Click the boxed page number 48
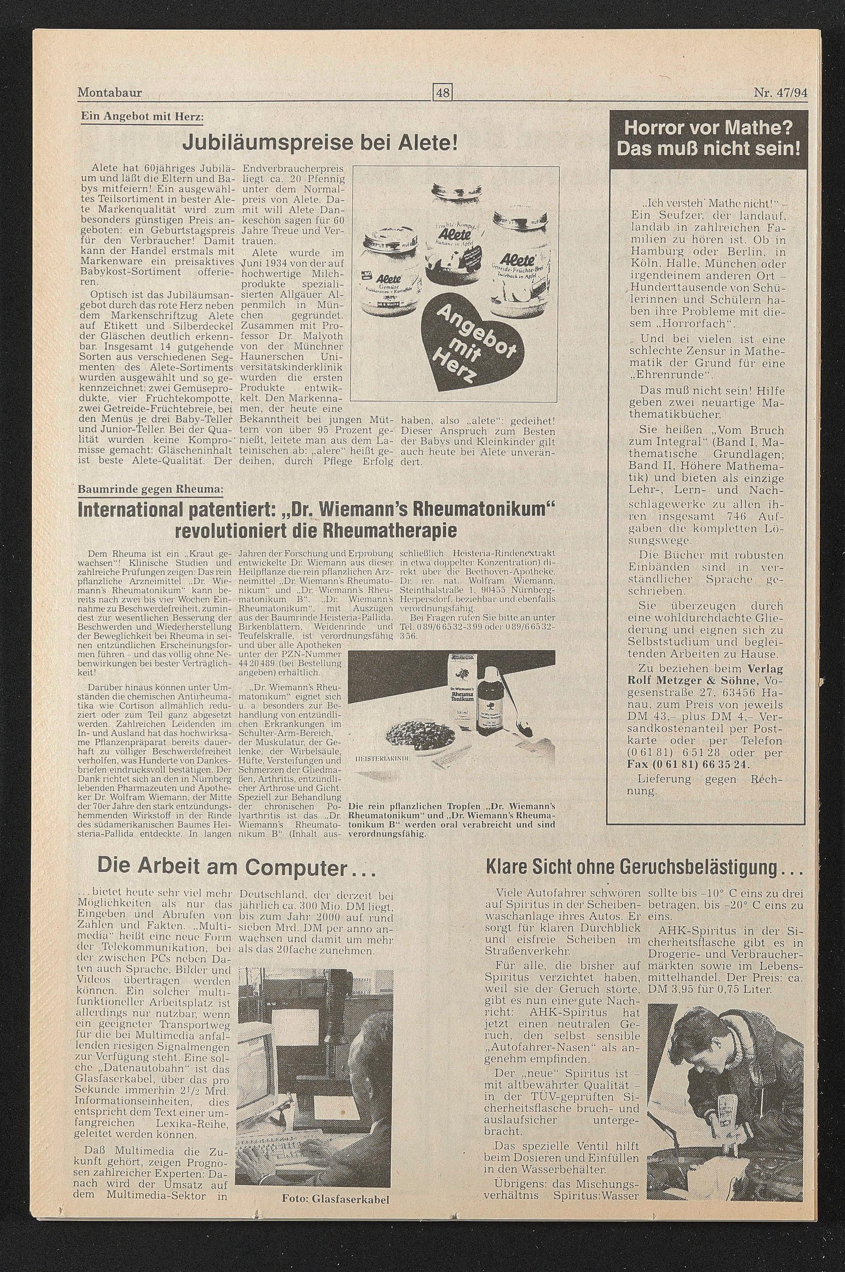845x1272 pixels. pos(443,93)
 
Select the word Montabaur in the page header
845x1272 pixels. pos(110,93)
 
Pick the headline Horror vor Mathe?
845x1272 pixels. pos(709,130)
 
